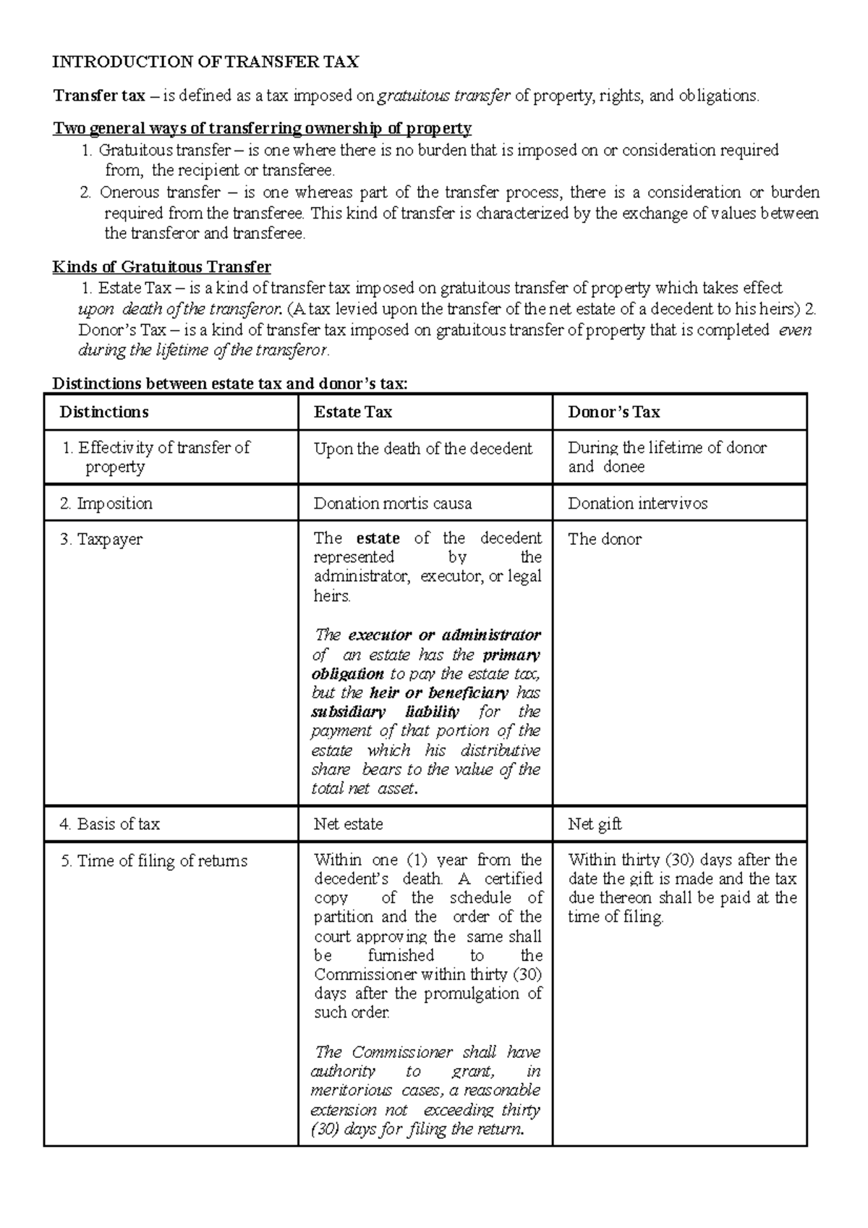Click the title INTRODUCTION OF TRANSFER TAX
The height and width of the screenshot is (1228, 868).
205,62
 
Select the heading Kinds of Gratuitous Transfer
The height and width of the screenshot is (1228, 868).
161,266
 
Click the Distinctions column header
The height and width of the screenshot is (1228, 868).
104,412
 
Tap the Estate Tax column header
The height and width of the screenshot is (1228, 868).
352,412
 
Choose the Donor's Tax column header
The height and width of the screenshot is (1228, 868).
613,412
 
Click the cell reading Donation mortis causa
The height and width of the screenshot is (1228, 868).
392,503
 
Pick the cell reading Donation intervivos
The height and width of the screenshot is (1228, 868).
637,503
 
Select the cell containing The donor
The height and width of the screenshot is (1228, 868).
604,539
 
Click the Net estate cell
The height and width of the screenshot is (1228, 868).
348,823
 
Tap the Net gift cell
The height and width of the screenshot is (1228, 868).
594,823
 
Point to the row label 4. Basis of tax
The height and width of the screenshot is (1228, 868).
109,823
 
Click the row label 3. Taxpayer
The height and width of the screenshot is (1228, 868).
101,539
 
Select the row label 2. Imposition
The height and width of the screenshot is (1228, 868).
106,503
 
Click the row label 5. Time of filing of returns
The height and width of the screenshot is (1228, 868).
154,860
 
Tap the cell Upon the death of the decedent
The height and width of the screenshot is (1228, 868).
422,449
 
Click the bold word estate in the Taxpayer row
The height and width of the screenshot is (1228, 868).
378,538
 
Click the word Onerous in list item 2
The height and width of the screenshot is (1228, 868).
124,192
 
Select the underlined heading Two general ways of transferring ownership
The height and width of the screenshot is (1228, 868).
262,128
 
